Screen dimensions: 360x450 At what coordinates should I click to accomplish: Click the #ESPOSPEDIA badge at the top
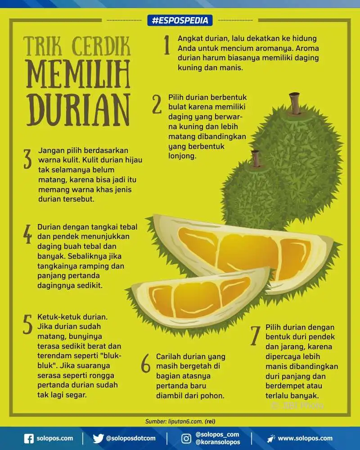pyautogui.click(x=180, y=20)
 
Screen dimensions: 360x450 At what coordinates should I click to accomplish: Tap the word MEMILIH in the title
pyautogui.click(x=78, y=74)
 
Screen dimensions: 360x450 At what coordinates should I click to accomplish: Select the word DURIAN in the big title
pyautogui.click(x=78, y=110)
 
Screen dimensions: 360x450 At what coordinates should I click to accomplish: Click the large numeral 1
pyautogui.click(x=167, y=45)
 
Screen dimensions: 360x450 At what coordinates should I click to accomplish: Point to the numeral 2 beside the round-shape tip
pyautogui.click(x=157, y=104)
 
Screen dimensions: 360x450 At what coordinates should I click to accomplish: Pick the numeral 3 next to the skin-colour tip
pyautogui.click(x=27, y=158)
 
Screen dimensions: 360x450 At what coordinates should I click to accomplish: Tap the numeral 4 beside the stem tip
pyautogui.click(x=27, y=234)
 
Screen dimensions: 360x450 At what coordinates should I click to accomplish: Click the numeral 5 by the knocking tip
pyautogui.click(x=27, y=324)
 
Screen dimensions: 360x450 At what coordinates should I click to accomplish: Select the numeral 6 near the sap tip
pyautogui.click(x=146, y=363)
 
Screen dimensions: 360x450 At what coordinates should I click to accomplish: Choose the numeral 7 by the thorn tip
pyautogui.click(x=255, y=336)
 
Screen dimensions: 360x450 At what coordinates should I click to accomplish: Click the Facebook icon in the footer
pyautogui.click(x=29, y=438)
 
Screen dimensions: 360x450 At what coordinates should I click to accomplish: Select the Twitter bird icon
pyautogui.click(x=98, y=438)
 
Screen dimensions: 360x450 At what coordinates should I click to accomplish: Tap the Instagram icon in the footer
pyautogui.click(x=186, y=438)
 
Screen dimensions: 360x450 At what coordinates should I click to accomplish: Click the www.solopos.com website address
pyautogui.click(x=305, y=438)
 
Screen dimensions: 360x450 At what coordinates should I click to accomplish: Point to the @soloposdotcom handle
pyautogui.click(x=131, y=438)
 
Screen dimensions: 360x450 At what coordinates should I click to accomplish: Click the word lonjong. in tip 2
pyautogui.click(x=182, y=156)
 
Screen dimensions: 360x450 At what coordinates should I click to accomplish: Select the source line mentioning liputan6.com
pyautogui.click(x=180, y=421)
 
